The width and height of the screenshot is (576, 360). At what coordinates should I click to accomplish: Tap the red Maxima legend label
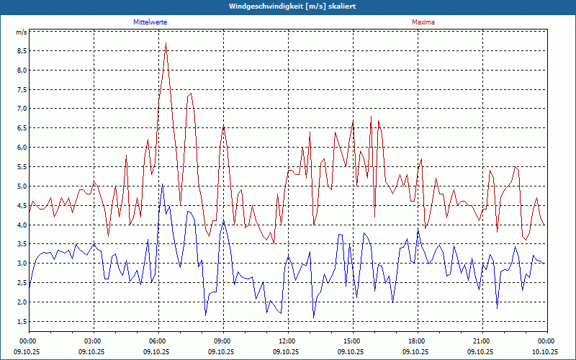(x=423, y=22)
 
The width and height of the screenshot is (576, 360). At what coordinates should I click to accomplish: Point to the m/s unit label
(x=21, y=32)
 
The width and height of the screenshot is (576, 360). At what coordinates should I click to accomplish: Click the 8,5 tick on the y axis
(x=21, y=51)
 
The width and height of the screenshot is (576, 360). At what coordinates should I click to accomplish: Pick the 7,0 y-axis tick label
(x=21, y=109)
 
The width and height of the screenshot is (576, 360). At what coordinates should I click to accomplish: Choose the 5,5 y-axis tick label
(x=21, y=167)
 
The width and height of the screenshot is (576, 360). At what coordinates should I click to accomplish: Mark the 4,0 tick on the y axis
(x=21, y=225)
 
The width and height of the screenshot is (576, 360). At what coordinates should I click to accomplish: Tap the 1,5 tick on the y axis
(x=21, y=321)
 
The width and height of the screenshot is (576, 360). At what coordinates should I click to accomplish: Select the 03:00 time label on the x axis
(x=93, y=341)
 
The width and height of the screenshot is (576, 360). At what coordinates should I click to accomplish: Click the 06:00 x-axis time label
(x=158, y=341)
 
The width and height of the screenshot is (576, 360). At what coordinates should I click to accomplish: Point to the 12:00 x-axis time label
(x=287, y=341)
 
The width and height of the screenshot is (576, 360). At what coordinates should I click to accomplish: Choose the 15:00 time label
(x=352, y=341)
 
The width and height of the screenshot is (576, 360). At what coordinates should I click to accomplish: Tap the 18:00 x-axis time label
(x=417, y=341)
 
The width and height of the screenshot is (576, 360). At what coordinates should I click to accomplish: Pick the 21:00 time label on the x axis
(x=482, y=341)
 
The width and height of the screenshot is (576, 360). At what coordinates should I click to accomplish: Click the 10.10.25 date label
(x=545, y=352)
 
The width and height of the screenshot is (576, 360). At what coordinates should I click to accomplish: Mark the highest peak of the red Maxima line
(x=166, y=43)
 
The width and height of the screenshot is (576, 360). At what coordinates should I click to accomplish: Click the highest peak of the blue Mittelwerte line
(x=162, y=184)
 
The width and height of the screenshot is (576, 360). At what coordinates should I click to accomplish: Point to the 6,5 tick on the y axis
(x=21, y=128)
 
